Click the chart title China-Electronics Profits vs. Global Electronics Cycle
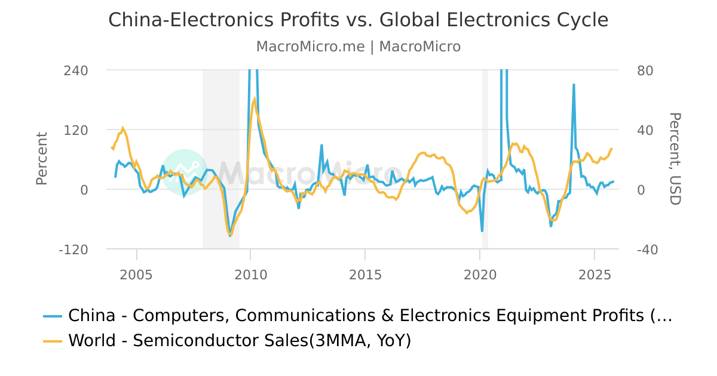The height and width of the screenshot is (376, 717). (358, 20)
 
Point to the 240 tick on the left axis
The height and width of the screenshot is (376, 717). (76, 70)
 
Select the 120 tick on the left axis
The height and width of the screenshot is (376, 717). (76, 130)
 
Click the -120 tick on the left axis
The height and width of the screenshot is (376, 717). (73, 249)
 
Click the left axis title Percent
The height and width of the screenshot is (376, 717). (41, 159)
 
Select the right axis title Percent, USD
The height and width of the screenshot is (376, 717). (675, 159)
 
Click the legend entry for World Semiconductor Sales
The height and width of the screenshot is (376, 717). (239, 341)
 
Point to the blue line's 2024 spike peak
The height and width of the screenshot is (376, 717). (574, 85)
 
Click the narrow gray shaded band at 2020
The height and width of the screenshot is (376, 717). (485, 149)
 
